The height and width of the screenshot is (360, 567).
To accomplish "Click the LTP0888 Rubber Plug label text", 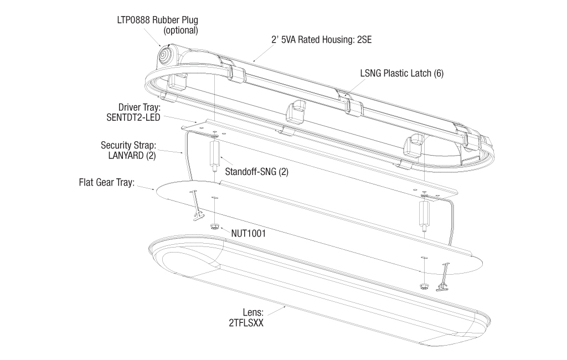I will point(157,20).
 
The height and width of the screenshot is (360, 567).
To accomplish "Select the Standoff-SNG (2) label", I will point(256,172).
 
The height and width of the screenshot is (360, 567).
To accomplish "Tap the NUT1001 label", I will point(249,234).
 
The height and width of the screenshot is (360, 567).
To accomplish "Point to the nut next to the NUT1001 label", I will point(214,227).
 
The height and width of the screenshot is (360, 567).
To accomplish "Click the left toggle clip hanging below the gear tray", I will point(195,205).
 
